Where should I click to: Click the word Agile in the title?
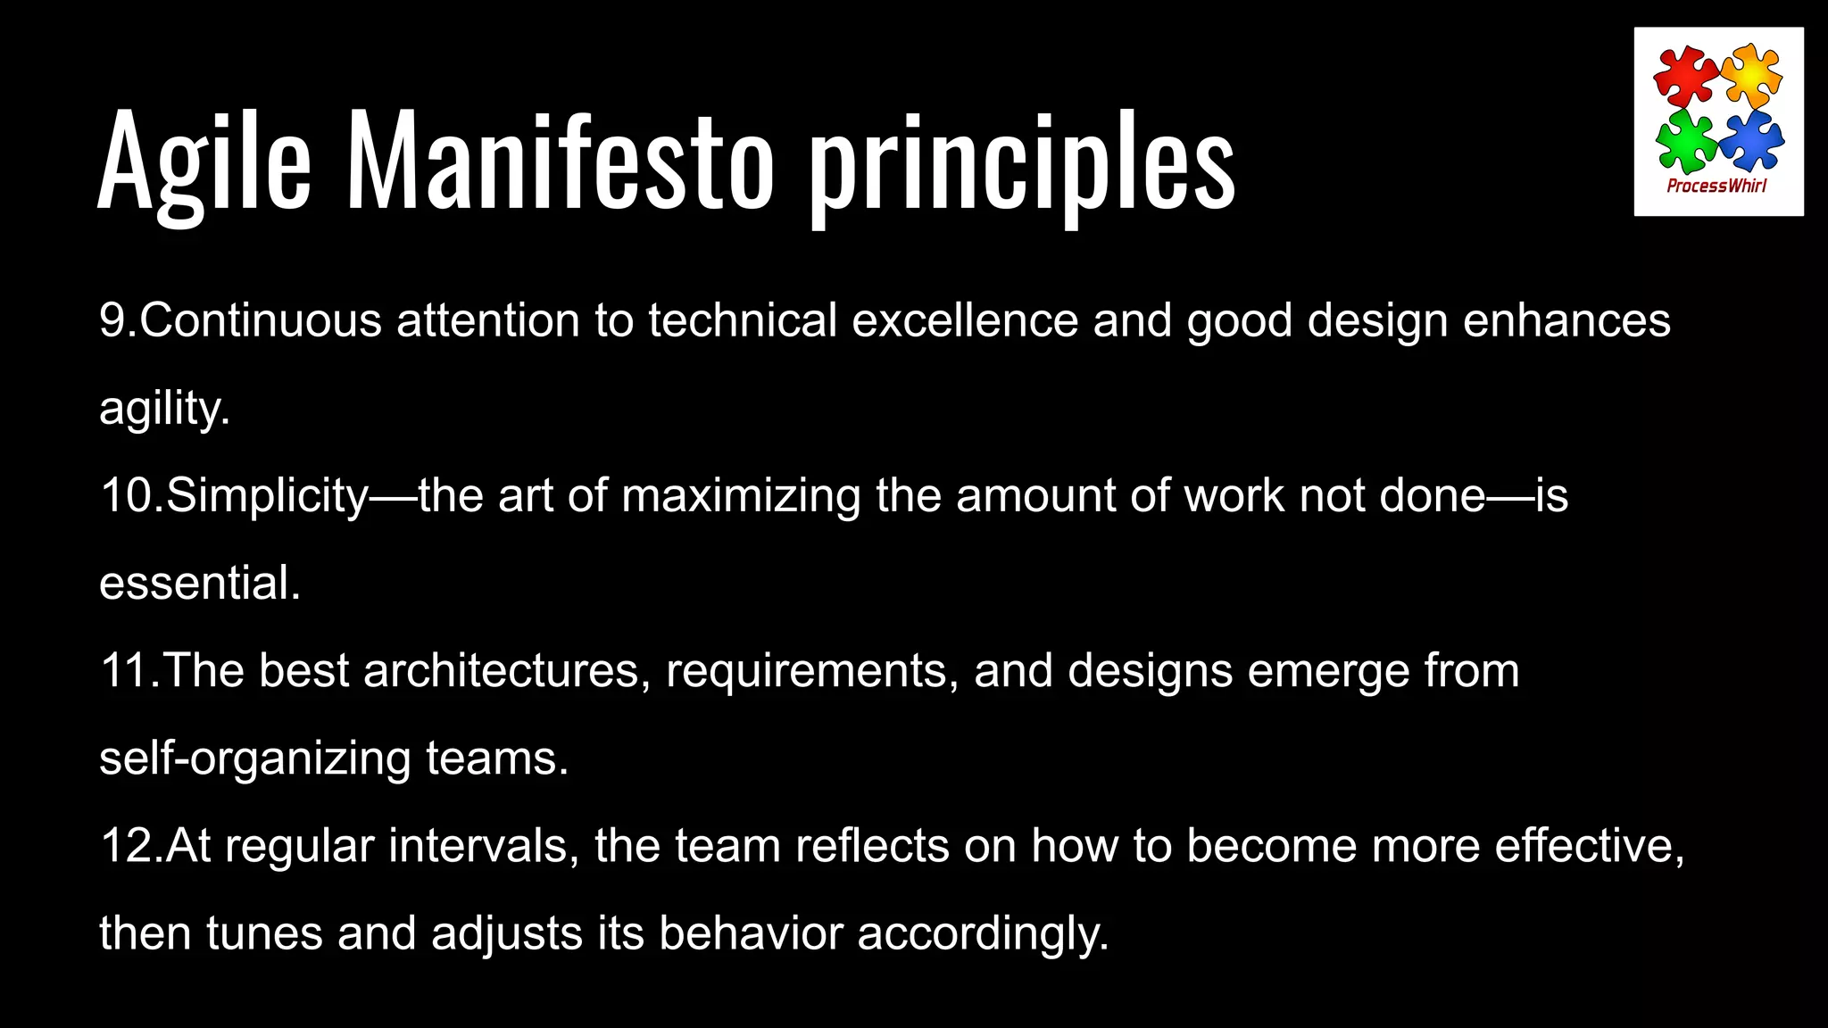point(204,161)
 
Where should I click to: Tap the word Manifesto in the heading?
point(560,161)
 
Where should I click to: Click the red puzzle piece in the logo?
point(1684,75)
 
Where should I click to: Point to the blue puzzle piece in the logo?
point(1750,139)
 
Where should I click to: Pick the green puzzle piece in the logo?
point(1684,141)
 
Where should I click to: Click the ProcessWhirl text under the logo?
point(1716,186)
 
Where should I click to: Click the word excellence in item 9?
point(965,320)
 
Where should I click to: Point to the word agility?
point(164,410)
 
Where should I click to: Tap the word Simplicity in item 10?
point(267,495)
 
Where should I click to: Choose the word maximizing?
point(741,495)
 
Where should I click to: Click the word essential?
point(199,583)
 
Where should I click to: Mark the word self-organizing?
point(254,759)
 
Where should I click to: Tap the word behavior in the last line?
point(751,933)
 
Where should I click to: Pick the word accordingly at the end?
point(983,933)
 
